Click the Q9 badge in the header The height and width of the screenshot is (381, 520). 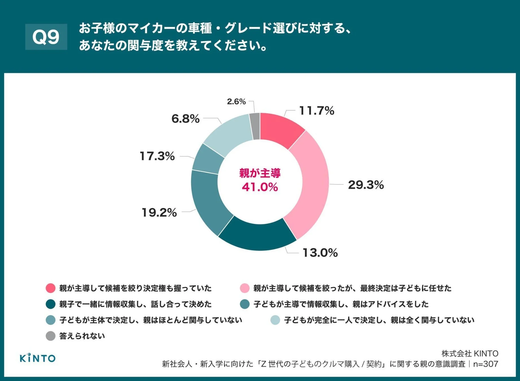(x=46, y=37)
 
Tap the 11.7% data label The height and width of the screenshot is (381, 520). (x=316, y=111)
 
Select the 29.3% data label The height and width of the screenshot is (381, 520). (x=366, y=185)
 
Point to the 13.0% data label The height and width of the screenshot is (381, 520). (x=320, y=253)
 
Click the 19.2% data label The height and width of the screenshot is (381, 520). (x=159, y=213)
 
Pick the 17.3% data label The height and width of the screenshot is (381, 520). (x=157, y=156)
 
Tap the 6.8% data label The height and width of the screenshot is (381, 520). (x=186, y=119)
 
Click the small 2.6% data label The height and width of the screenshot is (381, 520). (x=236, y=102)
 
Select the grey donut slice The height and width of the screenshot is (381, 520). (x=255, y=126)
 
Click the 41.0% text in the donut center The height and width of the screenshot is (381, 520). (x=260, y=187)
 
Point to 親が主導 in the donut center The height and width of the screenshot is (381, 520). (x=260, y=173)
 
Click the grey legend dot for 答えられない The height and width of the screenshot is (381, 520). (x=51, y=336)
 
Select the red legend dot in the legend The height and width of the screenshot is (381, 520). (x=51, y=288)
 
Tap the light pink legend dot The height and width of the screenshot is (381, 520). (x=245, y=288)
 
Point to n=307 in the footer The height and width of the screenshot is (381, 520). (x=486, y=364)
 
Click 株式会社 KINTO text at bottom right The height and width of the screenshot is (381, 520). (x=470, y=353)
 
